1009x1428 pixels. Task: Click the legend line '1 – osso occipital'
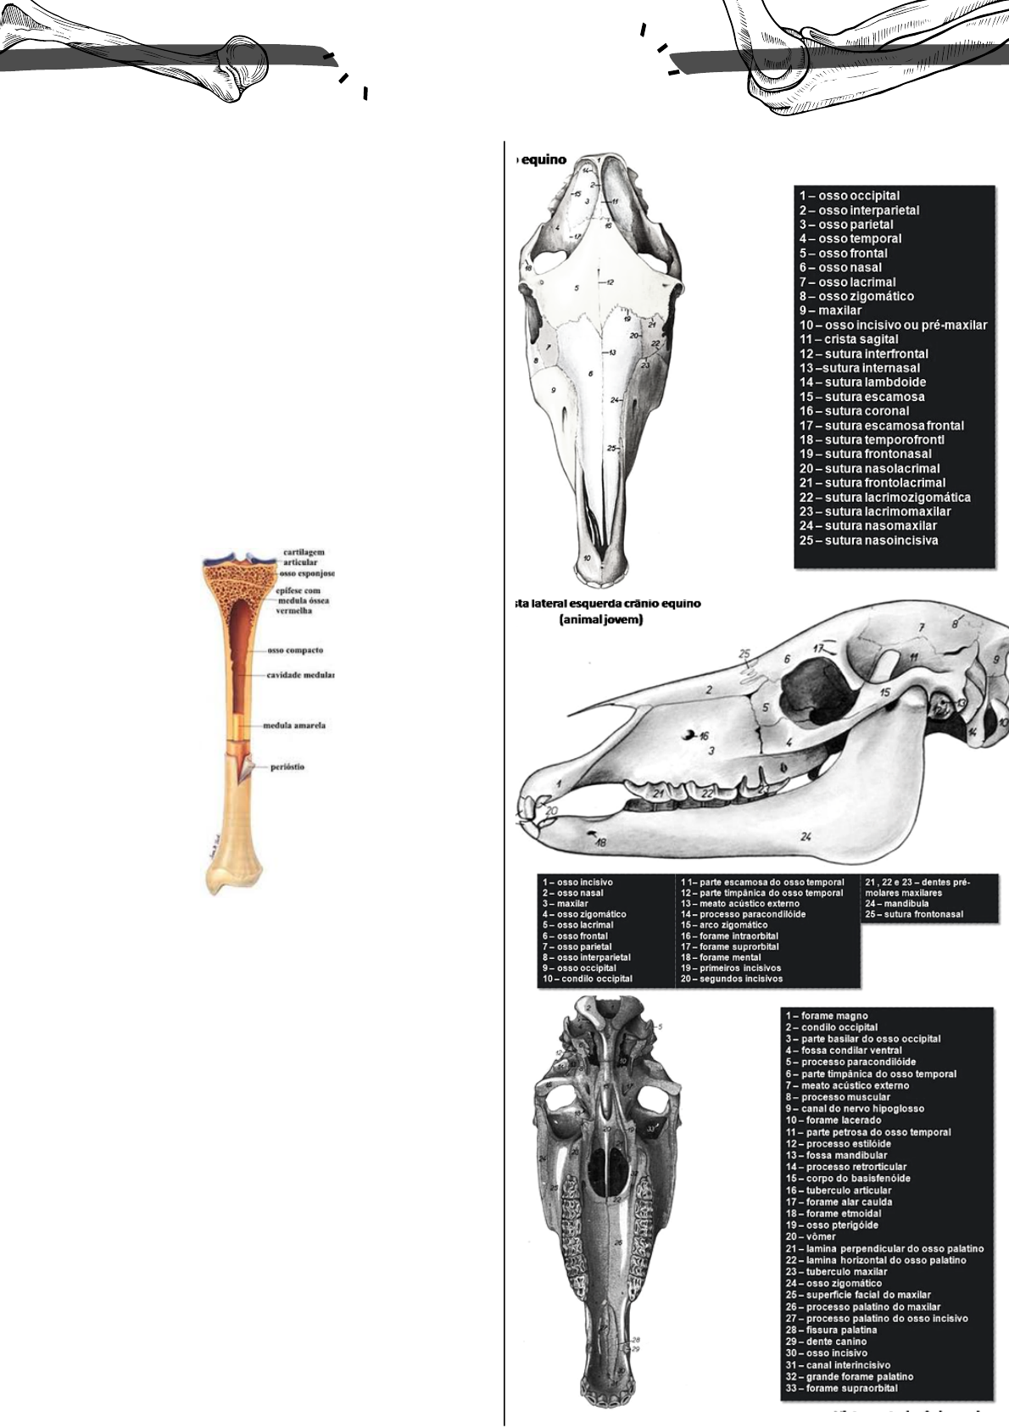coord(849,196)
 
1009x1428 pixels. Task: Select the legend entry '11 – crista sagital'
coord(849,339)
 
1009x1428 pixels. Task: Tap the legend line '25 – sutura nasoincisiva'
coord(868,540)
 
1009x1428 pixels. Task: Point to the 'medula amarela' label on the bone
coord(294,726)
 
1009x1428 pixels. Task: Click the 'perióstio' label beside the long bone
coord(287,767)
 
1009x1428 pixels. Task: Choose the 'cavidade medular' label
coord(300,676)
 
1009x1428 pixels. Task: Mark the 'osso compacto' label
coord(295,650)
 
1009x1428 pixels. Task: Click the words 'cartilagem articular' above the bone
coord(304,557)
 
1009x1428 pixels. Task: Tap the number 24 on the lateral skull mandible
coord(806,837)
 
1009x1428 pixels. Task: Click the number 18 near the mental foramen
coord(600,843)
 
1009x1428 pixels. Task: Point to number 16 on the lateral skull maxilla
coord(704,737)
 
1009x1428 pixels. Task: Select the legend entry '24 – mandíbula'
coord(894,904)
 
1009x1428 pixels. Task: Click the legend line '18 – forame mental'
coord(720,957)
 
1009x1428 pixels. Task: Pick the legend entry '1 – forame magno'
coord(826,1016)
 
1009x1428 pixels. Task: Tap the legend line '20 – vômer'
coord(810,1237)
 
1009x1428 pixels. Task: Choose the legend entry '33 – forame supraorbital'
coord(840,1388)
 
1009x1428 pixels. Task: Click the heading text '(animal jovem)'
coord(600,620)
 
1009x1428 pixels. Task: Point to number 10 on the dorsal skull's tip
coord(587,558)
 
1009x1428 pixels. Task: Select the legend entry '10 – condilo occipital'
coord(588,979)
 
